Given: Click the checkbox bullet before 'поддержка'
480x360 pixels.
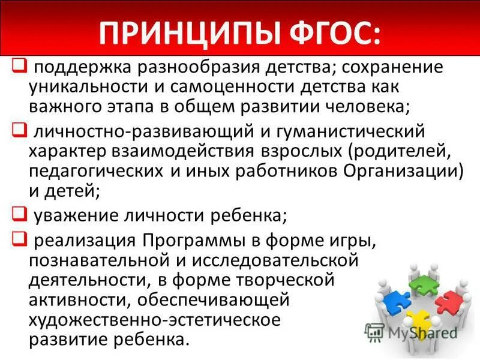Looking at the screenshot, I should (x=18, y=64).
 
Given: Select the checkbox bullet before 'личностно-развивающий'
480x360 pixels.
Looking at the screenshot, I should (x=18, y=129).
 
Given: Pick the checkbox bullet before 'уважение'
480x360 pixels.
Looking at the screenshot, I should (x=18, y=212).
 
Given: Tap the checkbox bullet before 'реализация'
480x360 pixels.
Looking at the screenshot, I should (x=18, y=239).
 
